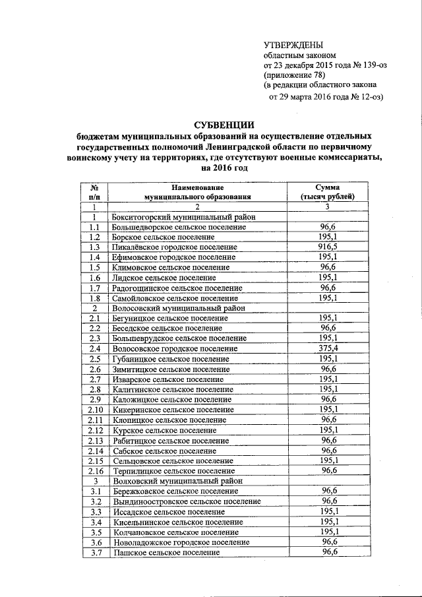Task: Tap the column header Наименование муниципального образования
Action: [x=198, y=192]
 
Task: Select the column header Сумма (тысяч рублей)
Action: [x=327, y=192]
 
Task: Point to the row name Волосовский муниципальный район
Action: [x=179, y=308]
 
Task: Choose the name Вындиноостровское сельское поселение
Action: [x=187, y=501]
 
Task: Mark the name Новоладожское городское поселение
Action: [x=181, y=542]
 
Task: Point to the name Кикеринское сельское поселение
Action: [x=174, y=410]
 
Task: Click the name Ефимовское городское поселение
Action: [x=175, y=257]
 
